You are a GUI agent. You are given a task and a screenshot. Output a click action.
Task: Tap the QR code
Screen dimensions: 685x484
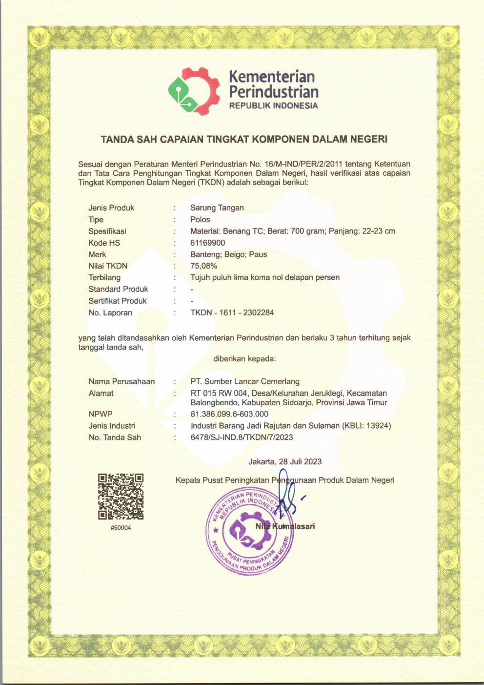coord(121,497)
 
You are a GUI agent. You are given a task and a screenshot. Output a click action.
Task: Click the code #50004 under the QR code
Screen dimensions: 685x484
coord(121,528)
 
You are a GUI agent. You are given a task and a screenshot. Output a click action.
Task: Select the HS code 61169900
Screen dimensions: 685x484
coord(208,243)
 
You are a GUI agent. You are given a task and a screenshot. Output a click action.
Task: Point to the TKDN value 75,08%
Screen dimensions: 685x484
coord(204,266)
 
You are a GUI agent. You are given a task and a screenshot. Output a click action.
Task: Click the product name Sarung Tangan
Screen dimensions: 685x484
coord(217,208)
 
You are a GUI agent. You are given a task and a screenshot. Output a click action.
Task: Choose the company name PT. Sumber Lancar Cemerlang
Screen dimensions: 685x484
coord(245,381)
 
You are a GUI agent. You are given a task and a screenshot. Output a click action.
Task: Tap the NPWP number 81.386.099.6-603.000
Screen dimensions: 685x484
coord(229,414)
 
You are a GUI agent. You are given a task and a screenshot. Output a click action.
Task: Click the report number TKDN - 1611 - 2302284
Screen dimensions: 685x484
coord(232,312)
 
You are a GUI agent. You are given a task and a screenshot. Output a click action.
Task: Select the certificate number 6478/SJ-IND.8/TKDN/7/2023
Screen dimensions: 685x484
coord(242,437)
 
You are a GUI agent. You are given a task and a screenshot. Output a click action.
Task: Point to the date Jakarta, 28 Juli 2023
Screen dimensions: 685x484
coord(285,461)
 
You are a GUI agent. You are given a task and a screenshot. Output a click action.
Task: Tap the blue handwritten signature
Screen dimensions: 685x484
coord(289,493)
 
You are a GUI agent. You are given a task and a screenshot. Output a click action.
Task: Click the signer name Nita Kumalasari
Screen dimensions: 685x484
coord(285,526)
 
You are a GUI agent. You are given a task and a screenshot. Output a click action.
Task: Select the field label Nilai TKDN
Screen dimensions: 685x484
coord(108,266)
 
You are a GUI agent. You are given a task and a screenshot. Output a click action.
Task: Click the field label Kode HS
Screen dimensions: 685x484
coord(104,243)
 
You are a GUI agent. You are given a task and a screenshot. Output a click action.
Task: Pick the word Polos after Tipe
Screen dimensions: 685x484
coord(200,219)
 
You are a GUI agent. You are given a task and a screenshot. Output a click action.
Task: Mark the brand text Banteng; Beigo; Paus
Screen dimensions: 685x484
coord(229,254)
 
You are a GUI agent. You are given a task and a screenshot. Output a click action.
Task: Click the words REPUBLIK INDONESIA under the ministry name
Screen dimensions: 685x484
coord(273,105)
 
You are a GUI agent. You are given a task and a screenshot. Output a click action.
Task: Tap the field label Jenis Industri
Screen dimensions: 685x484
coord(112,426)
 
